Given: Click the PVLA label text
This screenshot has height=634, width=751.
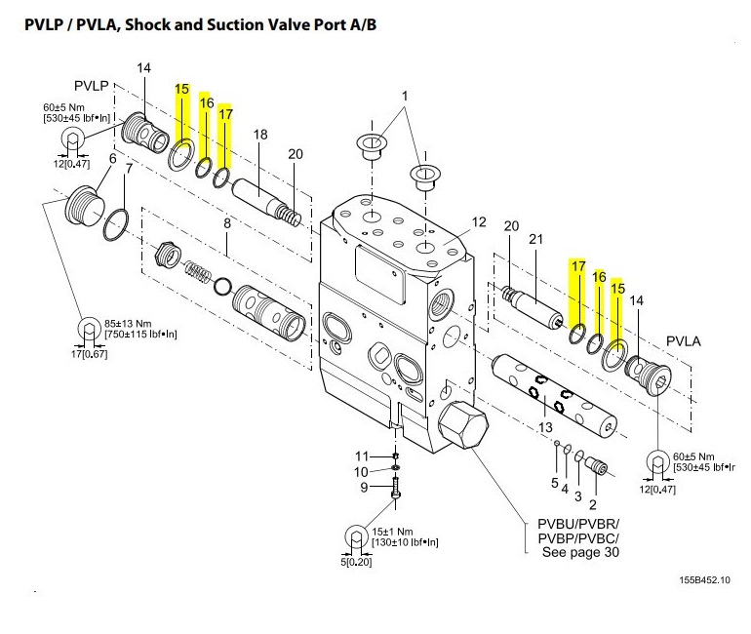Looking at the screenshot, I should (x=686, y=341).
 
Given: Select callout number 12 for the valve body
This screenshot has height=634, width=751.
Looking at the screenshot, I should (x=479, y=222).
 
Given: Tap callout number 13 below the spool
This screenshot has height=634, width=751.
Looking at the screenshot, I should (x=545, y=426).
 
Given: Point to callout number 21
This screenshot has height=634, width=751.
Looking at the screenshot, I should (x=535, y=239).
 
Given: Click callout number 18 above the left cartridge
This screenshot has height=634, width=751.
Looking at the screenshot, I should (x=260, y=135).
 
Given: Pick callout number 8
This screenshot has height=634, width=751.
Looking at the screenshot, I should (x=226, y=223).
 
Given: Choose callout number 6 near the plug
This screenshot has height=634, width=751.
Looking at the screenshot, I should (x=112, y=159).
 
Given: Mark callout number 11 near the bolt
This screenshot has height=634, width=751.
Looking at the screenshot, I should (x=362, y=456).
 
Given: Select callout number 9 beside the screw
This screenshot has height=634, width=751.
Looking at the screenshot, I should (x=364, y=488).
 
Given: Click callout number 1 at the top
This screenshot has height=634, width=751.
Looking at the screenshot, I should (x=406, y=96).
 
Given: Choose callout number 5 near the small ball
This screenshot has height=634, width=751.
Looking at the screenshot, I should (x=555, y=483).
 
